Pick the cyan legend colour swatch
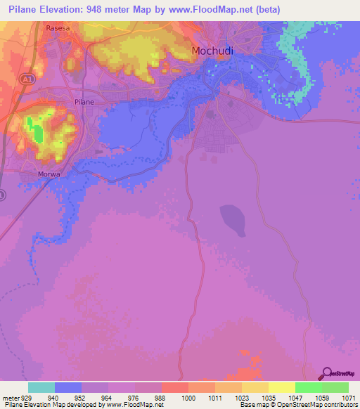tap(41, 387)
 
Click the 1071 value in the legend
tap(349, 398)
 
